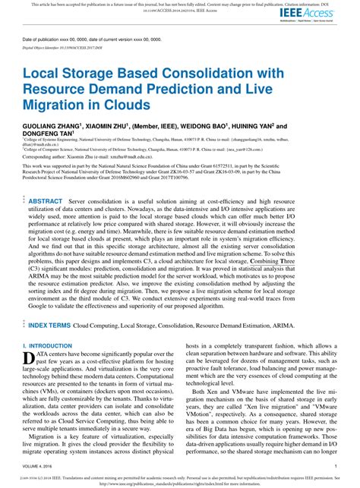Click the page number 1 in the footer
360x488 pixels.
(x=335, y=467)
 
